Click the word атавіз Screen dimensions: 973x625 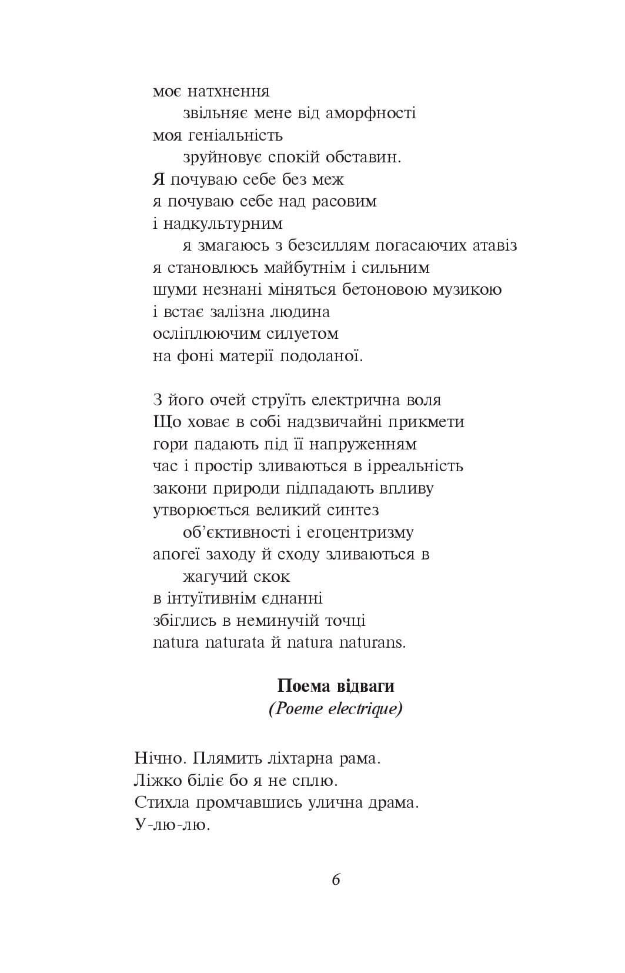pos(489,246)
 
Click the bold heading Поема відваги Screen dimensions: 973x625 pos(336,687)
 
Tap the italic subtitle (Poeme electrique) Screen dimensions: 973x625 pos(336,709)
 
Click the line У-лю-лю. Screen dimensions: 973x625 pos(172,825)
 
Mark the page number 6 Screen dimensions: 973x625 pos(336,880)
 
